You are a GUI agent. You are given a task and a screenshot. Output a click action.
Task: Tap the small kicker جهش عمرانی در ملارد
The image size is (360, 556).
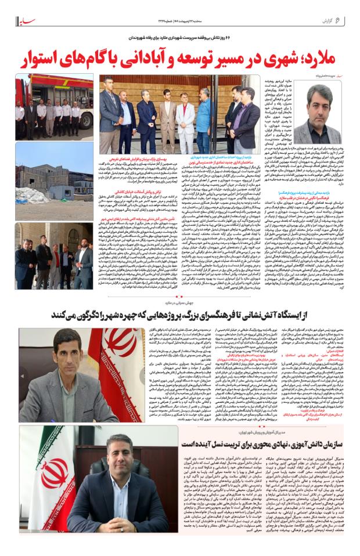[179, 302]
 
